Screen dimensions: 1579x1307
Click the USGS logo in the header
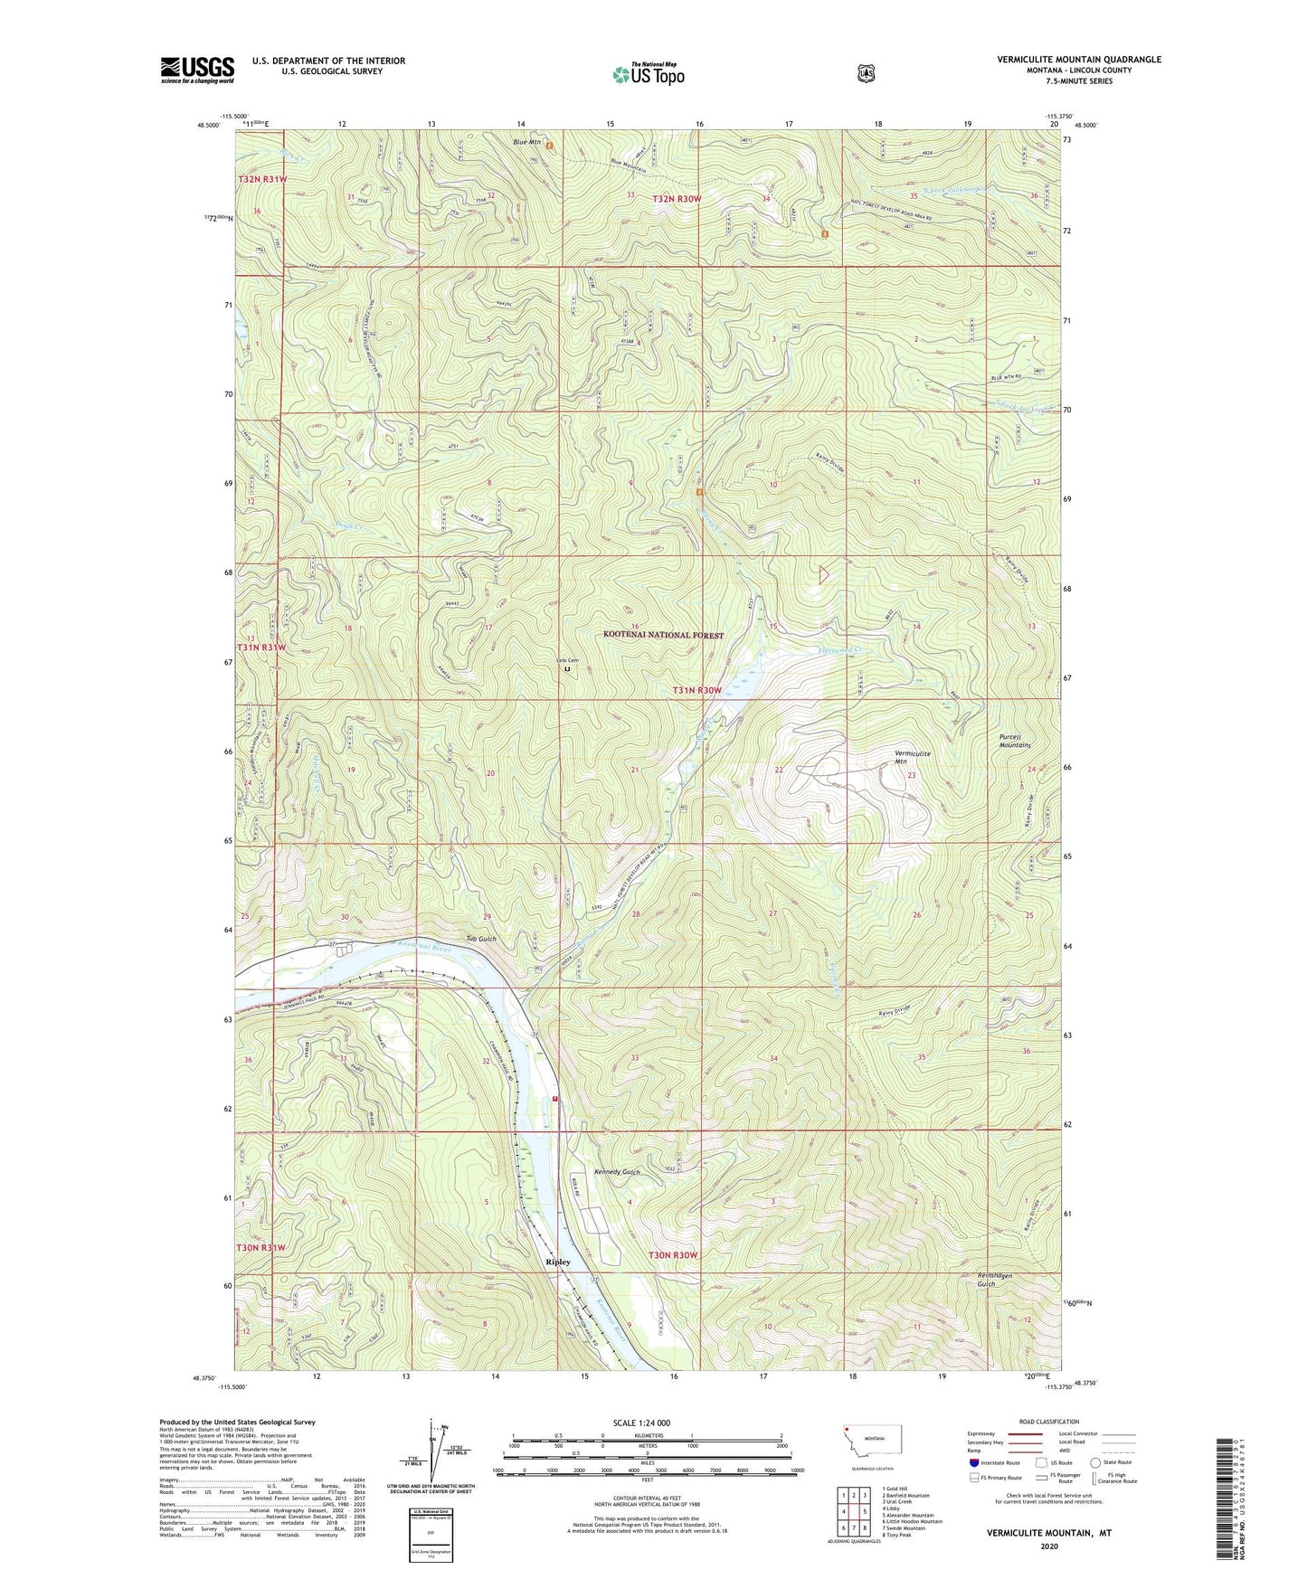coord(197,70)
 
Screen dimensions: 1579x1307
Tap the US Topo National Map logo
coord(648,73)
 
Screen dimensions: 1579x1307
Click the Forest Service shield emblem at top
coord(866,73)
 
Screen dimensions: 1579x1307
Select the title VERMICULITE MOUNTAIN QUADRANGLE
coord(1078,60)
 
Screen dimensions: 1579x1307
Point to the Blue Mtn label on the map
coord(526,142)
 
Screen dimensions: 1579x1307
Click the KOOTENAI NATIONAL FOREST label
coord(663,636)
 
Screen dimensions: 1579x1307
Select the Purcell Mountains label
coord(1015,741)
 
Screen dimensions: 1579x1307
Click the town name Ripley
coord(558,1262)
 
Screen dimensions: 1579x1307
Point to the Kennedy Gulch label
coord(617,1171)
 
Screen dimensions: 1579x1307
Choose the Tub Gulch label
coord(481,939)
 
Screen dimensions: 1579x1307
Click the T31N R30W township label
coord(696,690)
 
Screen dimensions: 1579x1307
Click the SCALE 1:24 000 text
coord(641,1423)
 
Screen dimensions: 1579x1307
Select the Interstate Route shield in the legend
coord(973,1462)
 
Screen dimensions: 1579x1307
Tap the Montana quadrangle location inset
coord(876,1438)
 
